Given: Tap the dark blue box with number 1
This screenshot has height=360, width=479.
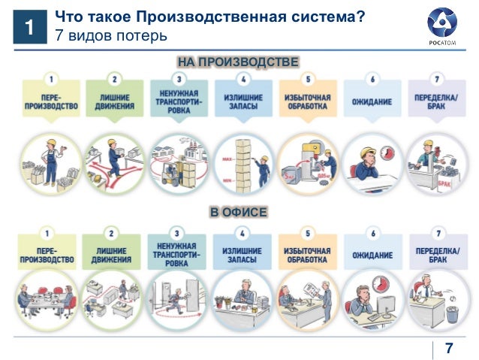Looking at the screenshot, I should tap(28, 29).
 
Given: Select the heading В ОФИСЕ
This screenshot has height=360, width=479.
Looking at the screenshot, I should tap(239, 213).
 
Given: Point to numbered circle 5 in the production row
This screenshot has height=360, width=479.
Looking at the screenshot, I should tap(307, 78).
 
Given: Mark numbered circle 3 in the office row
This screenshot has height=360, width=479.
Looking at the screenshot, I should tap(176, 233).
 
